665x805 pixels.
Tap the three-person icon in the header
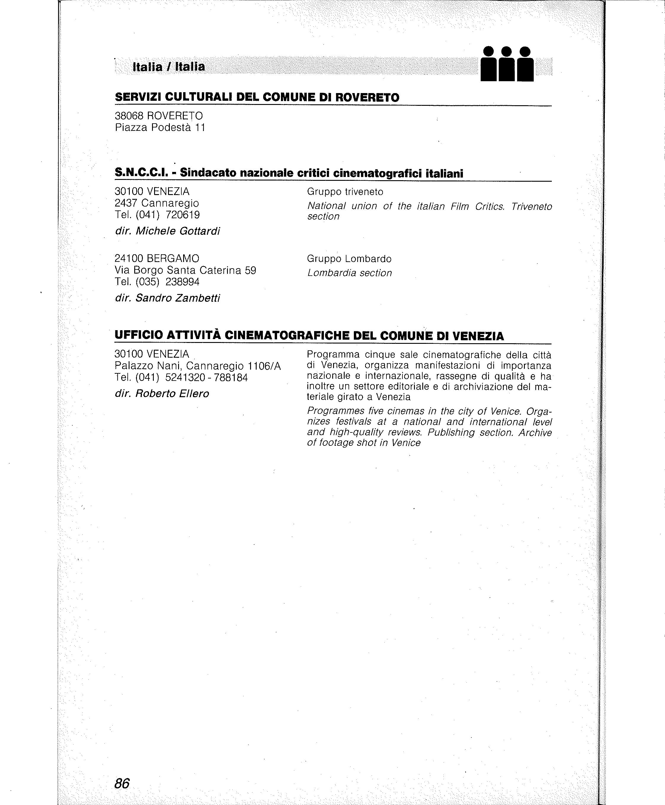click(x=507, y=64)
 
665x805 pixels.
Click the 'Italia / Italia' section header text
click(x=169, y=67)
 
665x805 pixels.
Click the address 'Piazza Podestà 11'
click(x=160, y=127)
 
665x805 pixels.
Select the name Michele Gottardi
click(x=178, y=231)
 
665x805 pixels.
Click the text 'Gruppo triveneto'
click(x=345, y=191)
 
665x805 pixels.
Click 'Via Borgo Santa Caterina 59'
click(x=186, y=271)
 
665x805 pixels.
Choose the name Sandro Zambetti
click(x=178, y=298)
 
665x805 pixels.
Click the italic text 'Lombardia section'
click(x=349, y=273)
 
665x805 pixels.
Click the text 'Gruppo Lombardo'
click(x=349, y=259)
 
